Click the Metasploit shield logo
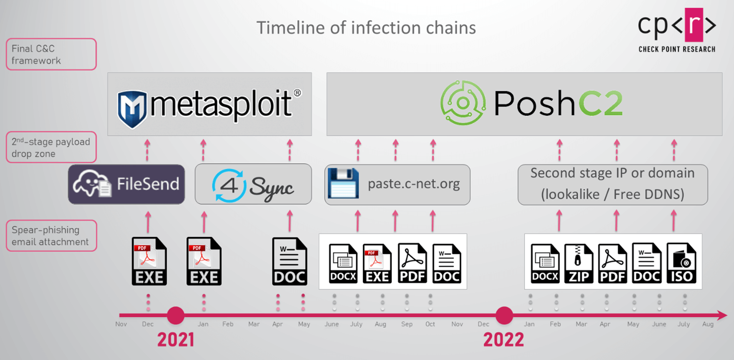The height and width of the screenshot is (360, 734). pyautogui.click(x=132, y=109)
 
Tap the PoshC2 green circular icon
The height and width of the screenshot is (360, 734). pyautogui.click(x=463, y=103)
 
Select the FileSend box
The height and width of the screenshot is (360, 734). pyautogui.click(x=127, y=184)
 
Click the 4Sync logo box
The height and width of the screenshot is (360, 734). pyautogui.click(x=253, y=184)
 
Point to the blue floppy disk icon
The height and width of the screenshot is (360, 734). pyautogui.click(x=343, y=183)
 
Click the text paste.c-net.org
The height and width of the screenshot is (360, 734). pyautogui.click(x=414, y=183)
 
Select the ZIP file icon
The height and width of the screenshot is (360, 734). pyautogui.click(x=579, y=263)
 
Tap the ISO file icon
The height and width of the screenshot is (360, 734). pyautogui.click(x=681, y=263)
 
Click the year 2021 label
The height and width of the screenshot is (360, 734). pyautogui.click(x=175, y=340)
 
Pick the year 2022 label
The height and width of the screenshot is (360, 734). pyautogui.click(x=504, y=340)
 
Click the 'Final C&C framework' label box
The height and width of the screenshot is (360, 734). pyautogui.click(x=51, y=54)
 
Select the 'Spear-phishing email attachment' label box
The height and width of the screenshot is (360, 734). pyautogui.click(x=51, y=236)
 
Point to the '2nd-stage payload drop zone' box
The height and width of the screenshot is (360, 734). pyautogui.click(x=51, y=147)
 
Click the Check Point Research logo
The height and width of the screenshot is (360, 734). pyautogui.click(x=677, y=31)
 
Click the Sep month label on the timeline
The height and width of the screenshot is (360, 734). pyautogui.click(x=407, y=324)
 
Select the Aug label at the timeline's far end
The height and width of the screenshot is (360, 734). pyautogui.click(x=708, y=324)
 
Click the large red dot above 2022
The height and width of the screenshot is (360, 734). pyautogui.click(x=504, y=316)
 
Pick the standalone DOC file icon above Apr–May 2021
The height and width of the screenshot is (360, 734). pyautogui.click(x=290, y=261)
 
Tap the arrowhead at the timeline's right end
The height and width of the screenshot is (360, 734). pyautogui.click(x=723, y=316)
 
